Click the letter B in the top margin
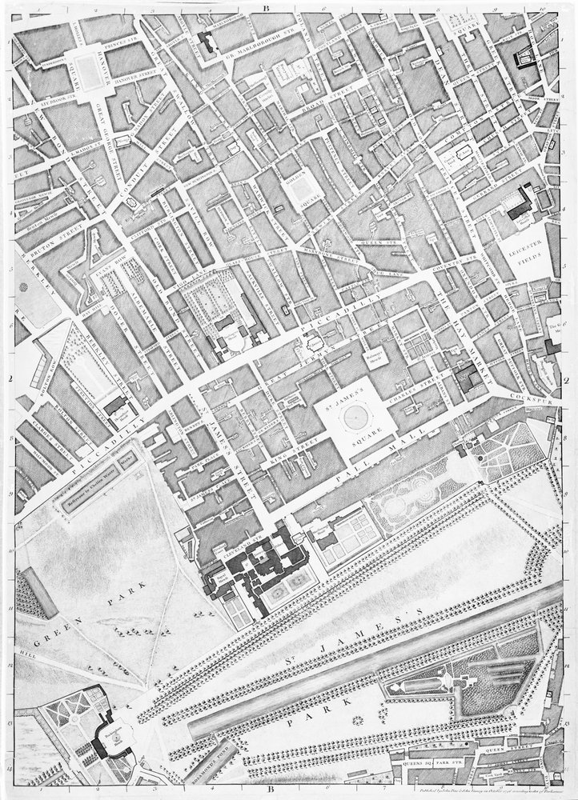point(262,6)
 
